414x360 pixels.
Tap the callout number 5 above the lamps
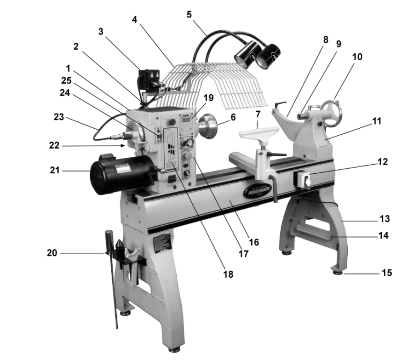click(x=189, y=14)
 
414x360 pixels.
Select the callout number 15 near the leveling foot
click(x=387, y=273)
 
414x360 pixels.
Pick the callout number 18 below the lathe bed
click(x=229, y=274)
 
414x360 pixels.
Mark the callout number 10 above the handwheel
click(x=357, y=57)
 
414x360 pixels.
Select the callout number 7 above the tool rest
click(x=258, y=113)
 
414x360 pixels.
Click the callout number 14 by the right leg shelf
click(x=383, y=235)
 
